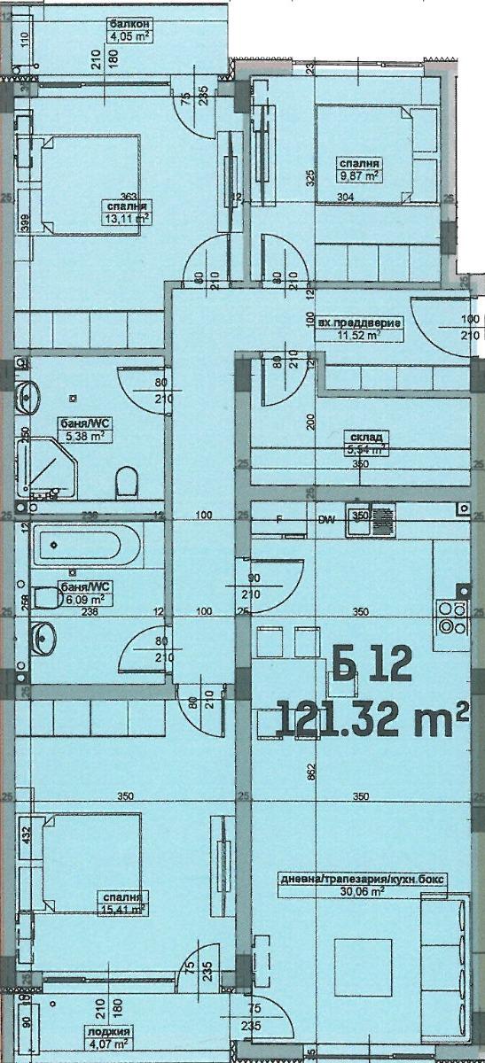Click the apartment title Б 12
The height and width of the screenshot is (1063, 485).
point(372,663)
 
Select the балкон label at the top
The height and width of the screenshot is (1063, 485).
point(127,24)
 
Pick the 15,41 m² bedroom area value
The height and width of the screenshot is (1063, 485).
point(123,907)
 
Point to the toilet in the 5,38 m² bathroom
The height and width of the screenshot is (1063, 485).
point(129,483)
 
